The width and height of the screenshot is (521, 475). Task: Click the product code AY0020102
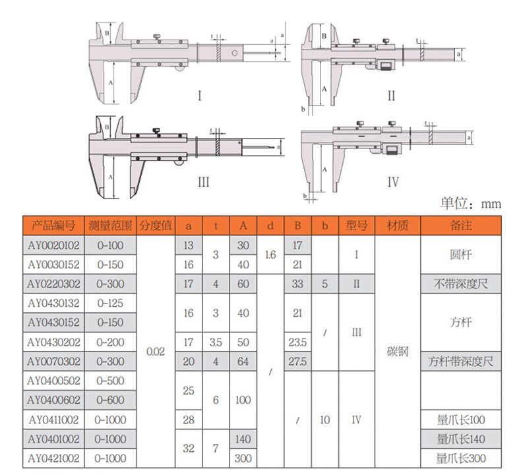tap(53, 245)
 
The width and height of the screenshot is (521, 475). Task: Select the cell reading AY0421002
tap(53, 459)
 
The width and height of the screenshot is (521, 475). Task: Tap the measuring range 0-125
tap(110, 303)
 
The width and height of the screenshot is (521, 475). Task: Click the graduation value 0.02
tap(156, 352)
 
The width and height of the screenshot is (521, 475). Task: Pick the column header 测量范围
tap(110, 226)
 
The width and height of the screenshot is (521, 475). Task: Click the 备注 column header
tap(461, 226)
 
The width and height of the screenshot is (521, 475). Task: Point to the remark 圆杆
tap(461, 255)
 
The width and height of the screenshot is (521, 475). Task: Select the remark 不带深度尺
tap(461, 284)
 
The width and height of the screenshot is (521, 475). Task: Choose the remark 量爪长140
tap(461, 439)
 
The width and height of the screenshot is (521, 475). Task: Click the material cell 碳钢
tap(398, 352)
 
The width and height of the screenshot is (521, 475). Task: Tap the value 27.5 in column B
tap(297, 362)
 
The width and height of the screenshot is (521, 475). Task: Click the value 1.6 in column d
tap(270, 255)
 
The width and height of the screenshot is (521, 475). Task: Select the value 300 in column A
tap(243, 459)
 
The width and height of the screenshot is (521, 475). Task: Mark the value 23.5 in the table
tap(297, 342)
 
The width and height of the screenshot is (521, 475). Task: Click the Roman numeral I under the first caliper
tap(200, 96)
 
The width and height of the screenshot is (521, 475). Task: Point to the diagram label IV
tap(393, 182)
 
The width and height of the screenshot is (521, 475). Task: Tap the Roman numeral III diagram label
tap(203, 182)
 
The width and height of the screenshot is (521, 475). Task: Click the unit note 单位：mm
tap(471, 203)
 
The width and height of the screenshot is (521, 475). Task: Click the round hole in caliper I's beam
tap(235, 53)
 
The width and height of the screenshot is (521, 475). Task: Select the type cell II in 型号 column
tap(357, 284)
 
